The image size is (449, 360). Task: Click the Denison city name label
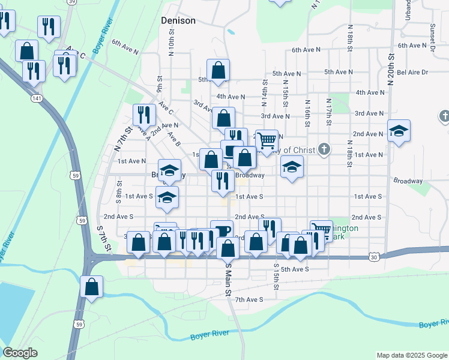click(x=178, y=20)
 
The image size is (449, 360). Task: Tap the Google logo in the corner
click(x=20, y=353)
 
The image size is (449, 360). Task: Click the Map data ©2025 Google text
click(x=411, y=355)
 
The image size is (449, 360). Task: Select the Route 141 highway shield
click(x=37, y=97)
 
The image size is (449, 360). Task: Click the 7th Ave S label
click(x=249, y=299)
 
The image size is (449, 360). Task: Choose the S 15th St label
click(x=276, y=276)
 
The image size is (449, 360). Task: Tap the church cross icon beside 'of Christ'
click(x=324, y=148)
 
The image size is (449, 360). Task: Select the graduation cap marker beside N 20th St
click(x=399, y=131)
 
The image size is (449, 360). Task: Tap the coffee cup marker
click(x=221, y=231)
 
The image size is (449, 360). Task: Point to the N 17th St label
click(x=328, y=112)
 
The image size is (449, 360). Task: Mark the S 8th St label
click(x=119, y=193)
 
